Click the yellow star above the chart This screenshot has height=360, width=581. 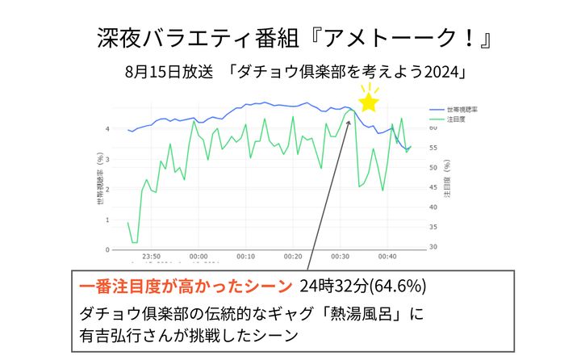point(369,102)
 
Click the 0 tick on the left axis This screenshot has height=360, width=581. point(109,249)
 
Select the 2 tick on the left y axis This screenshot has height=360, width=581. point(109,189)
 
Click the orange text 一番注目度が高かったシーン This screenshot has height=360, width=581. point(186,287)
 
